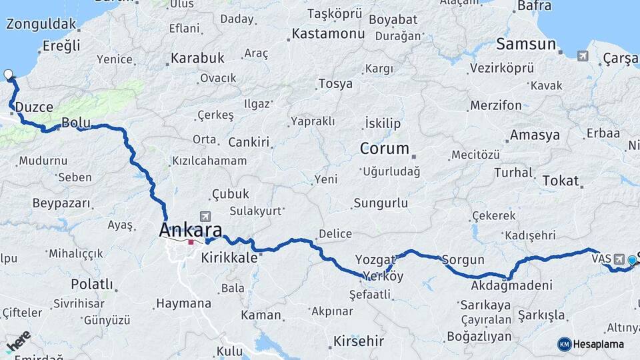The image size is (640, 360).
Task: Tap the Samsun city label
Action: click(x=525, y=44)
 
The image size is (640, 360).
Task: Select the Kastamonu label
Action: click(x=328, y=33)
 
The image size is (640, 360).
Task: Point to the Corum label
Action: click(x=384, y=148)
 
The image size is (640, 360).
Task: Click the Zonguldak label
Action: click(x=40, y=24)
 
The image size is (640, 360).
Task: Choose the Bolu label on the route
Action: click(x=75, y=123)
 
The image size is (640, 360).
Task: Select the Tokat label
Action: click(x=560, y=180)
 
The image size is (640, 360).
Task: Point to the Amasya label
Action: click(x=535, y=135)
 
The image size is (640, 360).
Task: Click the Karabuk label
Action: click(x=197, y=58)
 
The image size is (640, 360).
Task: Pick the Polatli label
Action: click(x=92, y=284)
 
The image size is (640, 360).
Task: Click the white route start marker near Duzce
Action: click(x=9, y=75)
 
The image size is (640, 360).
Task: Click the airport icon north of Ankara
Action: click(x=204, y=217)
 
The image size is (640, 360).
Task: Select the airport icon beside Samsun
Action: click(x=583, y=56)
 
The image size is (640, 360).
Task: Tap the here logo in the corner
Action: click(x=18, y=339)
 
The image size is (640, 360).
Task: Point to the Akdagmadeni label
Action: click(x=511, y=285)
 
